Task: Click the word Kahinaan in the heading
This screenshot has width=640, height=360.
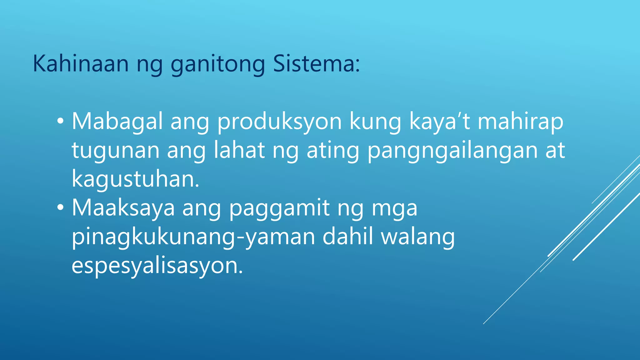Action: [81, 64]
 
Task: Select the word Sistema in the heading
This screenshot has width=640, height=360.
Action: [316, 64]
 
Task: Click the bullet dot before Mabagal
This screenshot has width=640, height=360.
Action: [60, 121]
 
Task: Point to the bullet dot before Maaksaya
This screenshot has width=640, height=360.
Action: [60, 208]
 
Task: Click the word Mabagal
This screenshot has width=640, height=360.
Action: [117, 122]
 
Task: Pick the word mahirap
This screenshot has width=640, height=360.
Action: [520, 122]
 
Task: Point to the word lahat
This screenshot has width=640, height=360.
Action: [239, 150]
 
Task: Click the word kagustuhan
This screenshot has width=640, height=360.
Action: [135, 179]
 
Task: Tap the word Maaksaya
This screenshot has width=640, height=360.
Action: [123, 208]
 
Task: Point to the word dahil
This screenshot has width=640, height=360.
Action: [348, 237]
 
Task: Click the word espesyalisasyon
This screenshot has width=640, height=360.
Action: [157, 266]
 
